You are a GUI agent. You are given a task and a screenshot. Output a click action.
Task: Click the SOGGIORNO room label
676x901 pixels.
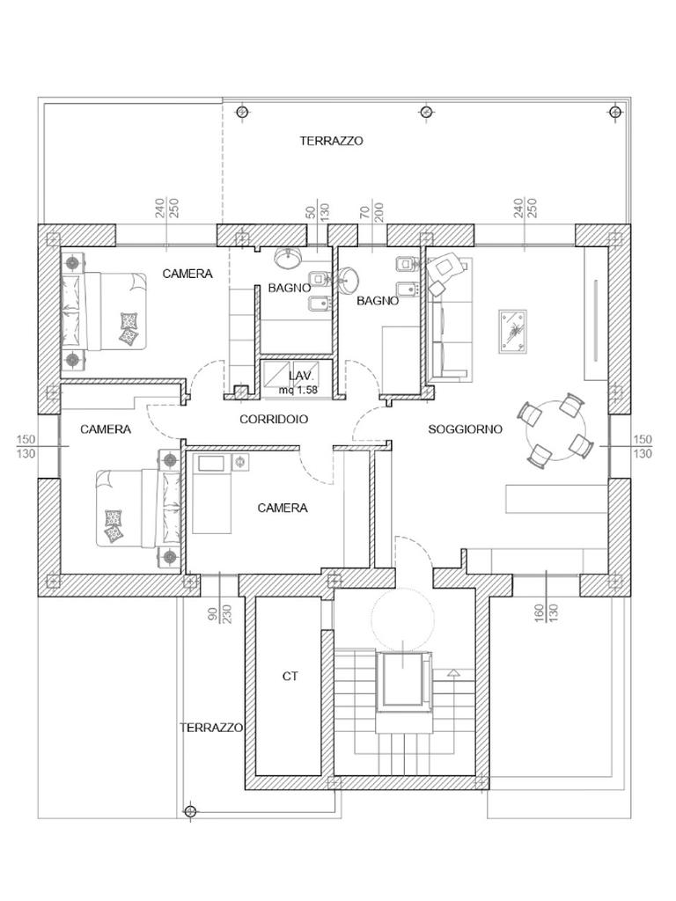pos(465,429)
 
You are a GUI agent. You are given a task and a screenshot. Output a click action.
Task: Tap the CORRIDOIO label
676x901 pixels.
pos(274,420)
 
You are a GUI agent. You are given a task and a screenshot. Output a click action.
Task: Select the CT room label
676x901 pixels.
pos(290,677)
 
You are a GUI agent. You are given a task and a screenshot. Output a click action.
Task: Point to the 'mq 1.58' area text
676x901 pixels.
pos(298,389)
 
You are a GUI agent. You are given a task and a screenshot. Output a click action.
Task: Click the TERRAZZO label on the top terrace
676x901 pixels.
pos(331,141)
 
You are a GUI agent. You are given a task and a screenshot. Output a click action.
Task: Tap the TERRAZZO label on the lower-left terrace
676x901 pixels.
pos(211,729)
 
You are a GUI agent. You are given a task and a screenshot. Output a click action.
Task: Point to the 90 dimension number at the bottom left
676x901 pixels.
pos(211,612)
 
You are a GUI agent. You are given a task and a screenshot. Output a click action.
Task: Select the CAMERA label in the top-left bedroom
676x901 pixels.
pos(187,274)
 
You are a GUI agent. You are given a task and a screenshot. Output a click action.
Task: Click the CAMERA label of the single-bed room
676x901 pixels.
pos(283,508)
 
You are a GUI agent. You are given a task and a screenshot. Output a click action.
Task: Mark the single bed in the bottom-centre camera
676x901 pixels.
pos(213,494)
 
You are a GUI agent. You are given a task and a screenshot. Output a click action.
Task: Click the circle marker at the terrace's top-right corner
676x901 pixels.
pos(615,112)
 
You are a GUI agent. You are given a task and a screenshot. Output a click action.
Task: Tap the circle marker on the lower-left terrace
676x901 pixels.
pos(190,810)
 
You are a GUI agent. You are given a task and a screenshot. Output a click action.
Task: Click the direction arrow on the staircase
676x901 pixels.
pos(453,673)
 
